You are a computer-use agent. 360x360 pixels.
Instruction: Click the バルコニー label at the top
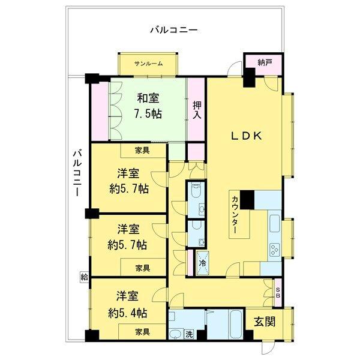point(175,29)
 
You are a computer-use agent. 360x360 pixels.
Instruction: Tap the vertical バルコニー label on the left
point(76,176)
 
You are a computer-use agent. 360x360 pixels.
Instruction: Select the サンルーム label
point(148,64)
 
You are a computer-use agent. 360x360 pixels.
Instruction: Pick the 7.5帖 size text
point(148,113)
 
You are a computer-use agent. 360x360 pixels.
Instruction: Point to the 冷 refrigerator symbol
point(202,263)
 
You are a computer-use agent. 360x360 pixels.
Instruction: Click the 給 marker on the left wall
point(83,277)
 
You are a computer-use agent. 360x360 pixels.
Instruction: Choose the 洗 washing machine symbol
point(188,333)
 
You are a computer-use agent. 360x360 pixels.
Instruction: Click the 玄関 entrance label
point(264,322)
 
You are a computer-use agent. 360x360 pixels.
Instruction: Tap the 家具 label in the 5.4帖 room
point(142,331)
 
